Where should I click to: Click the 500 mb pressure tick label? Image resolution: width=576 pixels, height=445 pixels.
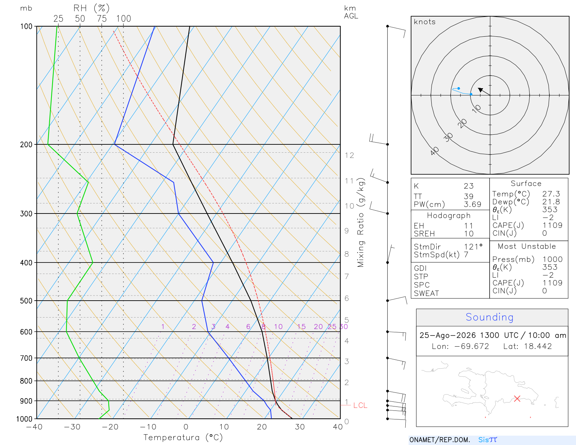tap(26, 301)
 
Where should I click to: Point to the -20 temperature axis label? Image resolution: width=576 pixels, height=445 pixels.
tap(110, 427)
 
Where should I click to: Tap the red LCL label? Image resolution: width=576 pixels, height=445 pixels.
tap(360, 405)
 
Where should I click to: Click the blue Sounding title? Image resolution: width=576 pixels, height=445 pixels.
tap(489, 317)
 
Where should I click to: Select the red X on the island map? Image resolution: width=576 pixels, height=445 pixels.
tap(517, 399)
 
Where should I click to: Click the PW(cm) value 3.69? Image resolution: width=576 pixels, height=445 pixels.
tap(472, 204)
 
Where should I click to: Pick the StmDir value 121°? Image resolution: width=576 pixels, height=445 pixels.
tap(473, 247)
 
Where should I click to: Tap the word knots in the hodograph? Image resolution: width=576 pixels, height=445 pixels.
tap(425, 22)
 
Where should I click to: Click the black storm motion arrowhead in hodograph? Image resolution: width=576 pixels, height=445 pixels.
tap(480, 90)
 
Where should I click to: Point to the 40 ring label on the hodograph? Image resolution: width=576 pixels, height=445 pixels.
tap(435, 151)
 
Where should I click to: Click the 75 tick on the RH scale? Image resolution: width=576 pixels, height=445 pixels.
tap(102, 19)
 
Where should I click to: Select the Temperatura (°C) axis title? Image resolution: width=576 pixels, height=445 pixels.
tap(183, 437)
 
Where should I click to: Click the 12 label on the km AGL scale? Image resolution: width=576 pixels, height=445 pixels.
tap(349, 155)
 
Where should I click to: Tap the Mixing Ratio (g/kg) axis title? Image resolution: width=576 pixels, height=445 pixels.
tap(361, 223)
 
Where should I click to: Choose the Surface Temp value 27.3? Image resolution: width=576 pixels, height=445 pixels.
tap(551, 194)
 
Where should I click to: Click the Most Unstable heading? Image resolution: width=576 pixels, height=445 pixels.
tap(527, 246)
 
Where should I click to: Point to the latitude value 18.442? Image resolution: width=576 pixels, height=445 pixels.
tap(538, 346)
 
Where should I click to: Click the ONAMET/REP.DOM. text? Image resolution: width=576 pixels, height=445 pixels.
tap(440, 440)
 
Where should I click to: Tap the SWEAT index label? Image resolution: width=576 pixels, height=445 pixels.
tap(426, 293)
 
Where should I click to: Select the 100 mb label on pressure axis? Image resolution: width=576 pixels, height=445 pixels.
tap(26, 27)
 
